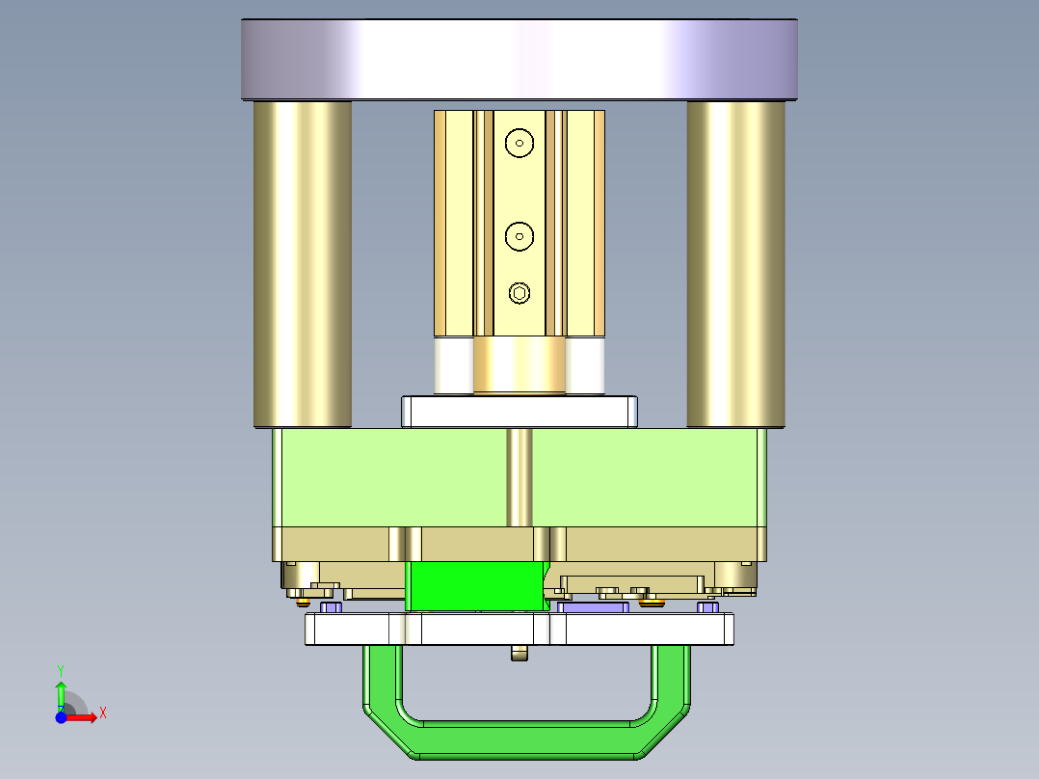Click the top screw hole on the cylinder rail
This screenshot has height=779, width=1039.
519,143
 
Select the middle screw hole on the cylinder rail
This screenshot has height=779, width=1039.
519,234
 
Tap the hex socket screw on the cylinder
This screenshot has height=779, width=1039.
519,293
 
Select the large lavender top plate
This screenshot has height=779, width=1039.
519,59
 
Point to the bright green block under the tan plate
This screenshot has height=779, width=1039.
476,586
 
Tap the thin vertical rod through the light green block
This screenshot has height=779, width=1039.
519,477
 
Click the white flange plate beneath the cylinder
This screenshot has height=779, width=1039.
519,412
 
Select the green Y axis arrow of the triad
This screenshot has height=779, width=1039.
61,692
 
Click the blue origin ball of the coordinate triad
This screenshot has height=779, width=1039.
61,718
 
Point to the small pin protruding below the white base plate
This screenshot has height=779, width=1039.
520,654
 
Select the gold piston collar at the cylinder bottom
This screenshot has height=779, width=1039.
519,365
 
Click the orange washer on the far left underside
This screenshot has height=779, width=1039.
305,603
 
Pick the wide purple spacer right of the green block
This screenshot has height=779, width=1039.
594,608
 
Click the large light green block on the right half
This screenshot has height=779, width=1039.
646,477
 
